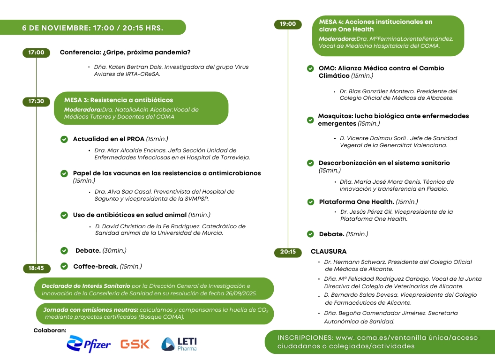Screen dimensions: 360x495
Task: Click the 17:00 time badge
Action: click(x=36, y=52)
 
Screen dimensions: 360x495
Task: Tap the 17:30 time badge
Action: click(x=36, y=101)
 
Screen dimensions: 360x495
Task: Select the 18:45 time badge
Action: click(x=36, y=268)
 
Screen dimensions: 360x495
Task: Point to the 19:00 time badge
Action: click(x=288, y=24)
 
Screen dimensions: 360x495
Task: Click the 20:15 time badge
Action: click(x=288, y=252)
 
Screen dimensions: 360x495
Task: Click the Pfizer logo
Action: click(x=89, y=345)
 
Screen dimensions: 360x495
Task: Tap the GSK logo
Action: click(x=135, y=344)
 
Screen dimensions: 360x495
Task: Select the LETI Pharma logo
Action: click(x=179, y=344)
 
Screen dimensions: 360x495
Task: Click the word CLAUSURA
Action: click(x=329, y=252)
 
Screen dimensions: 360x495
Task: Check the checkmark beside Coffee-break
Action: click(x=64, y=266)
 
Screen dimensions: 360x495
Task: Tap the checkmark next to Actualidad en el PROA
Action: click(x=64, y=139)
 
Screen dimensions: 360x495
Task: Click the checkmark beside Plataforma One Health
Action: click(x=310, y=202)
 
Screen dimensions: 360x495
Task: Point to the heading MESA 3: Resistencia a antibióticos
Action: click(x=119, y=100)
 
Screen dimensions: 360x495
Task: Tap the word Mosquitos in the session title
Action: click(x=334, y=116)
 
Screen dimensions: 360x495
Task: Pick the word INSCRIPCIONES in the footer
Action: click(x=305, y=337)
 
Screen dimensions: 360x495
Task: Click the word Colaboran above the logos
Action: click(x=50, y=330)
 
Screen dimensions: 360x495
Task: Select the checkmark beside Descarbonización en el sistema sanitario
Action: click(x=310, y=163)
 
